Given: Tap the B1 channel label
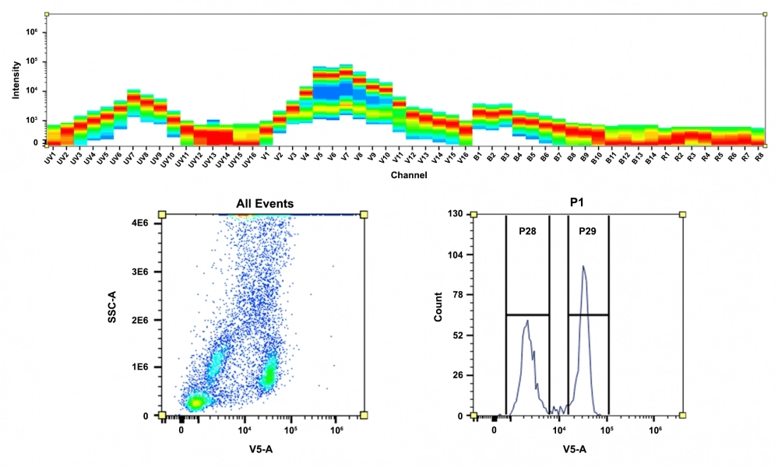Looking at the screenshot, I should (x=476, y=158).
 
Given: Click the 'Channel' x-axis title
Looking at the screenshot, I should (x=408, y=175).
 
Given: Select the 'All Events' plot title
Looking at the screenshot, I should (x=266, y=204).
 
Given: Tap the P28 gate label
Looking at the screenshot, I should (x=528, y=231).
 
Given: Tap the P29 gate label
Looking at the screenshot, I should (x=588, y=231).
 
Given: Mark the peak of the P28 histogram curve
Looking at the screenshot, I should (x=527, y=321).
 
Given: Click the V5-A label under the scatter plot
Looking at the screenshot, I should (x=260, y=449).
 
